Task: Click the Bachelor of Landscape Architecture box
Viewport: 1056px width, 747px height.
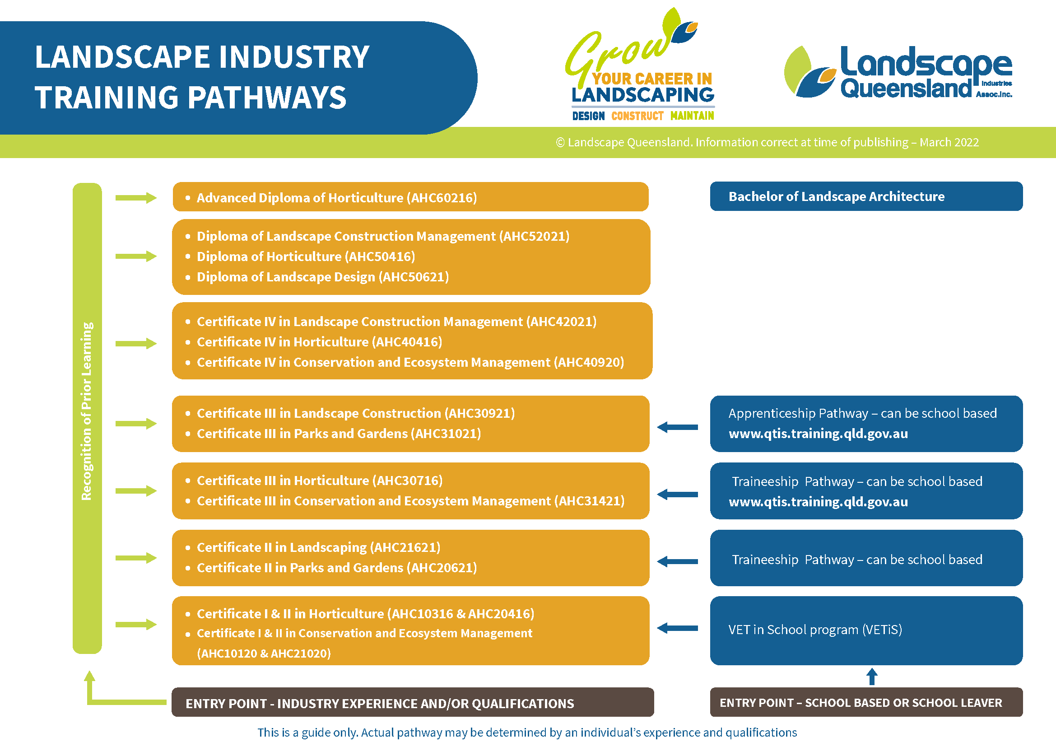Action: (x=865, y=196)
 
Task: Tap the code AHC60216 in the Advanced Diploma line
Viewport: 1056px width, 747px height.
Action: (x=443, y=198)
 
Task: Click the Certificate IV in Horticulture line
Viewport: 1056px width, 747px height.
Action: (x=319, y=342)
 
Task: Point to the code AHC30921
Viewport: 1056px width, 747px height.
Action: (x=479, y=413)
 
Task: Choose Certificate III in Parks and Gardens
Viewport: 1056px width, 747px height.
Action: (x=339, y=433)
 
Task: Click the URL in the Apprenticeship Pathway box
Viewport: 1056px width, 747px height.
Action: (x=818, y=433)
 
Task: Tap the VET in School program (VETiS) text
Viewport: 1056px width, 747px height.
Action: (x=814, y=629)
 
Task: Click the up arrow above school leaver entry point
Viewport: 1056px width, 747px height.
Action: (x=871, y=676)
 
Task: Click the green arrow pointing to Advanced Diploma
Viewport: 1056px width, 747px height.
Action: (x=136, y=198)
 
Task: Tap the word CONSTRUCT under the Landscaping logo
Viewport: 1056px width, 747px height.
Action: (x=637, y=116)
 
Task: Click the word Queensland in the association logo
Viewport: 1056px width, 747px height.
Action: (x=905, y=89)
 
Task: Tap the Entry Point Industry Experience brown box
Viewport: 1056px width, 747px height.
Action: (x=412, y=702)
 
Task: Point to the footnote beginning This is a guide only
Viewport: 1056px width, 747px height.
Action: (x=526, y=732)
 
